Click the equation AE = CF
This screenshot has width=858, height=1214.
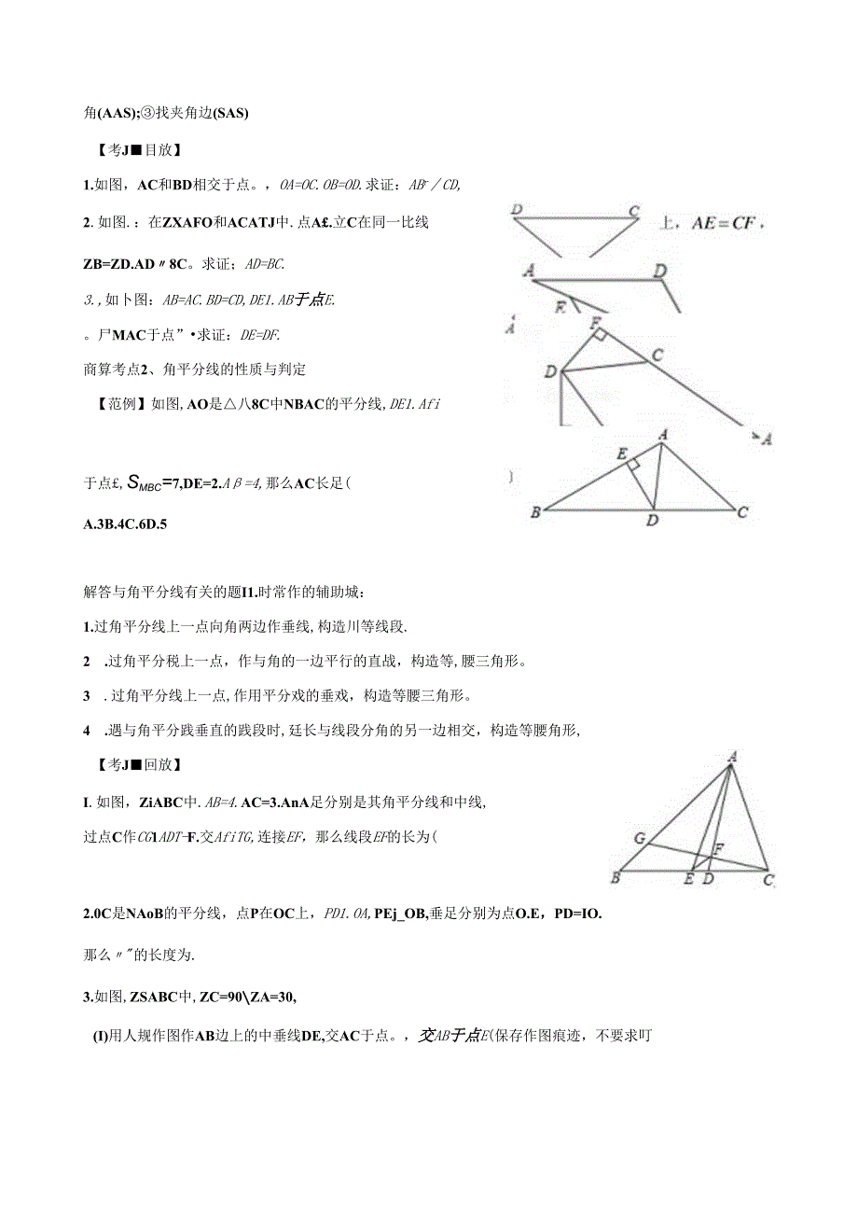727,224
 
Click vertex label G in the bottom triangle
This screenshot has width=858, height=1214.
640,838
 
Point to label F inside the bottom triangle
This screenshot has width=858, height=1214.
718,849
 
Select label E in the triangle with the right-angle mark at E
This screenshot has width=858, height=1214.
621,454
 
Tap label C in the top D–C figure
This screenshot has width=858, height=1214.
633,211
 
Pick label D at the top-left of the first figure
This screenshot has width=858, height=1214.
517,210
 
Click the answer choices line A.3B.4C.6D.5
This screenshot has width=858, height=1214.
125,523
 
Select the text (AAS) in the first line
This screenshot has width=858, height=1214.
118,114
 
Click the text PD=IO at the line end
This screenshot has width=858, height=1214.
578,914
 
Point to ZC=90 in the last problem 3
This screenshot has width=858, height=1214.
221,998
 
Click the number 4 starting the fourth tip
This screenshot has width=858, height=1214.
87,731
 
